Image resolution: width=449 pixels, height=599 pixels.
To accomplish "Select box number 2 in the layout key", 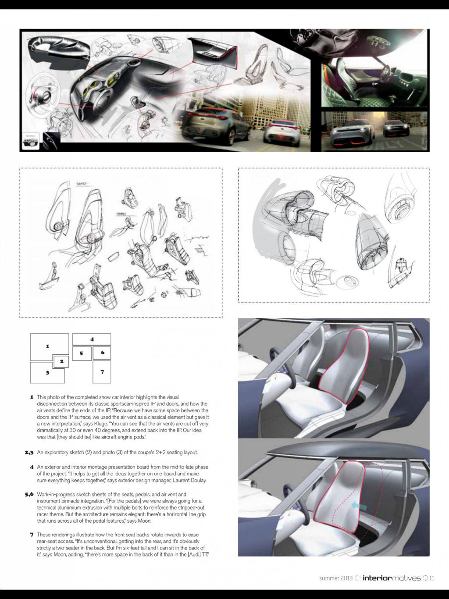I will pos(61,361).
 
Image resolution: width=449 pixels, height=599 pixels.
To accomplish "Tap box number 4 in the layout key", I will pos(92,339).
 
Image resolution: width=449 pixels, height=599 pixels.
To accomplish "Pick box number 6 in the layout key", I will pos(102,353).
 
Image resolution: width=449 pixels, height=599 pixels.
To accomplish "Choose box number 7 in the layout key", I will pos(102,372).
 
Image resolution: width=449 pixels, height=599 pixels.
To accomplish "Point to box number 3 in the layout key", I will pos(47,372).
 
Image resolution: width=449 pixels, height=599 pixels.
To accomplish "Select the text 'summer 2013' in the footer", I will pos(335,578).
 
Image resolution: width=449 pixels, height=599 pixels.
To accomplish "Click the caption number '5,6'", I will pos(29,494).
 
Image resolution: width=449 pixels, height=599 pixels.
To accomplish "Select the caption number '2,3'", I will pos(29,452).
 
